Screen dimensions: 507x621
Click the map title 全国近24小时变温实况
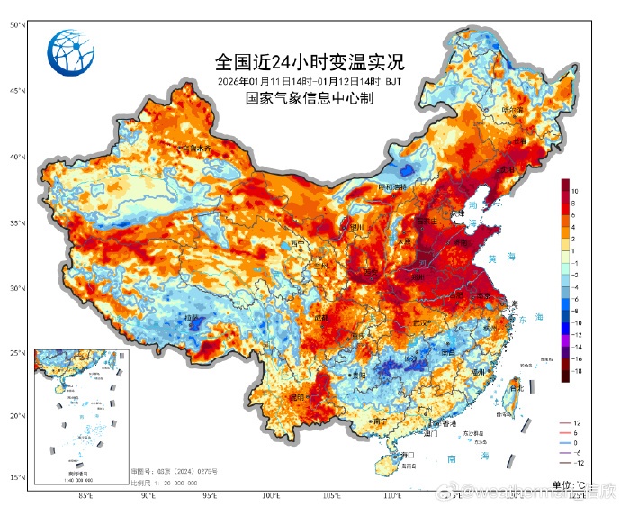pos(310,63)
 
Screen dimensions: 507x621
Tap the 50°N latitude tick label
pos(16,25)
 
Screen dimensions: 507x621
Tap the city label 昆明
pos(297,397)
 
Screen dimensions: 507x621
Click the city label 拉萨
pos(190,318)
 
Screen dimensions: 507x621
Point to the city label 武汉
pos(418,323)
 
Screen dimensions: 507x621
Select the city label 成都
pos(321,318)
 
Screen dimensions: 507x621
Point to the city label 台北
pos(516,389)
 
